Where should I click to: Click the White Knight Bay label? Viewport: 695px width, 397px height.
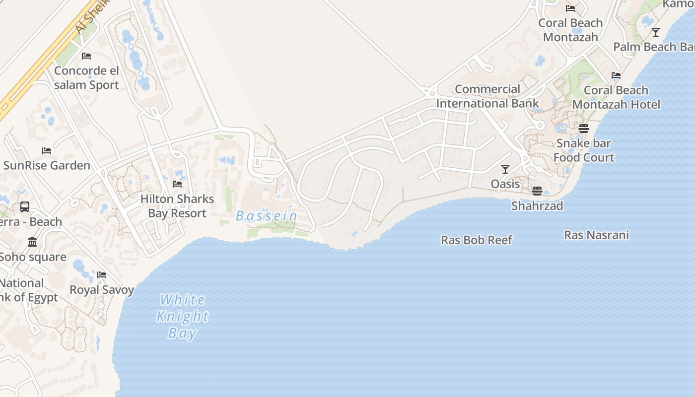tap(183, 316)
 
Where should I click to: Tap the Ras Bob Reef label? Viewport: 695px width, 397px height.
tap(477, 240)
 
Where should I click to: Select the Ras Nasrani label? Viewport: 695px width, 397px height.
tap(596, 235)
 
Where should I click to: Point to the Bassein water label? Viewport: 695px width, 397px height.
tap(267, 216)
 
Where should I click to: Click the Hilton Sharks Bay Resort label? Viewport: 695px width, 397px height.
tap(177, 206)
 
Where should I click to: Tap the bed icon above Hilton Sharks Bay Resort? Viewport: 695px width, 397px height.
tap(177, 184)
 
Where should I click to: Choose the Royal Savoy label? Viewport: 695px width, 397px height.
tap(102, 290)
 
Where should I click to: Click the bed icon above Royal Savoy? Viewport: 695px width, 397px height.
tap(102, 274)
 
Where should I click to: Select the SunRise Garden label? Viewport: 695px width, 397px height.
tap(47, 165)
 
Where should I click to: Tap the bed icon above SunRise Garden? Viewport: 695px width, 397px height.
tap(47, 150)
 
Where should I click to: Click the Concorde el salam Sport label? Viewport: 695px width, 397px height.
tap(86, 77)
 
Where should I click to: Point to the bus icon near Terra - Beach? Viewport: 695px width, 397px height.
tap(24, 207)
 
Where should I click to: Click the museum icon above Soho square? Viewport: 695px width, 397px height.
tap(32, 242)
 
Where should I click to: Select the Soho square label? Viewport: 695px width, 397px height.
tap(33, 257)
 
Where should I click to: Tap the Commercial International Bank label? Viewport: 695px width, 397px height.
tap(487, 96)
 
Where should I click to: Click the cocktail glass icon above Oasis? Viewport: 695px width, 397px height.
tap(505, 169)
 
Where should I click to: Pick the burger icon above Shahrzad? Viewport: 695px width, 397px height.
tap(537, 191)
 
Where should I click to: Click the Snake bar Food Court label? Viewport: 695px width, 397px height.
tap(584, 150)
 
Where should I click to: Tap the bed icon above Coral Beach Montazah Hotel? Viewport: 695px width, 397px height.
tap(616, 75)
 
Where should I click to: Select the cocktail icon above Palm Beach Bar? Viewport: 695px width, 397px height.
tap(656, 32)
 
